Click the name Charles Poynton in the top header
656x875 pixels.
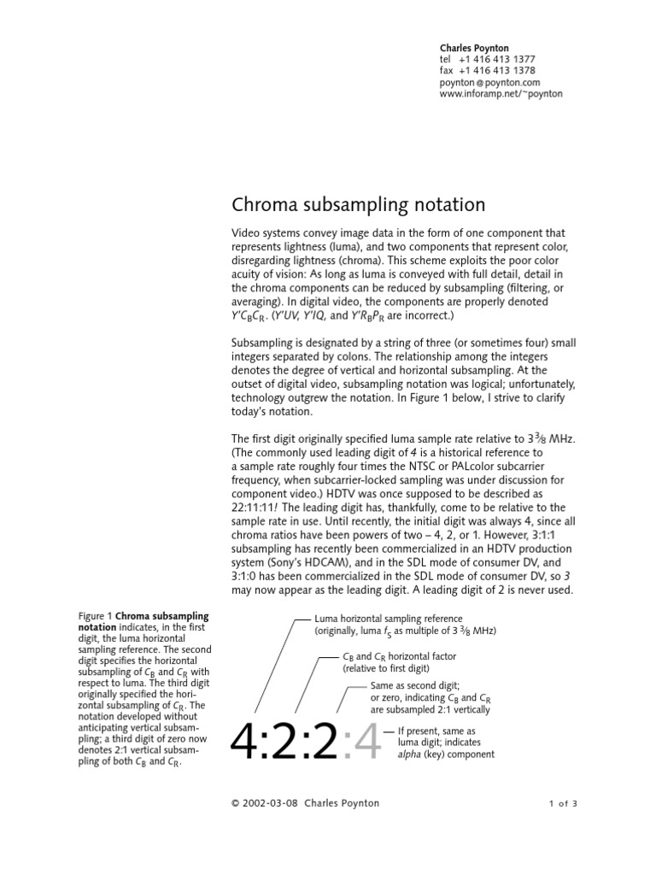475,48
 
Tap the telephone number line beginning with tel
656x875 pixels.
488,59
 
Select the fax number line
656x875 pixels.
488,71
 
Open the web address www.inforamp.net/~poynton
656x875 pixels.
501,94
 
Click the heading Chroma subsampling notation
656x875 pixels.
359,205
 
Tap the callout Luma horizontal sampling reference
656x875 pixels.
389,619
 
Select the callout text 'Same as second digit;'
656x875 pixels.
415,686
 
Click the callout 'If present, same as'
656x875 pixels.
440,731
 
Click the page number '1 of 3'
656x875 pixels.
563,803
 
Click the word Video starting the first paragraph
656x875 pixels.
246,233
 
